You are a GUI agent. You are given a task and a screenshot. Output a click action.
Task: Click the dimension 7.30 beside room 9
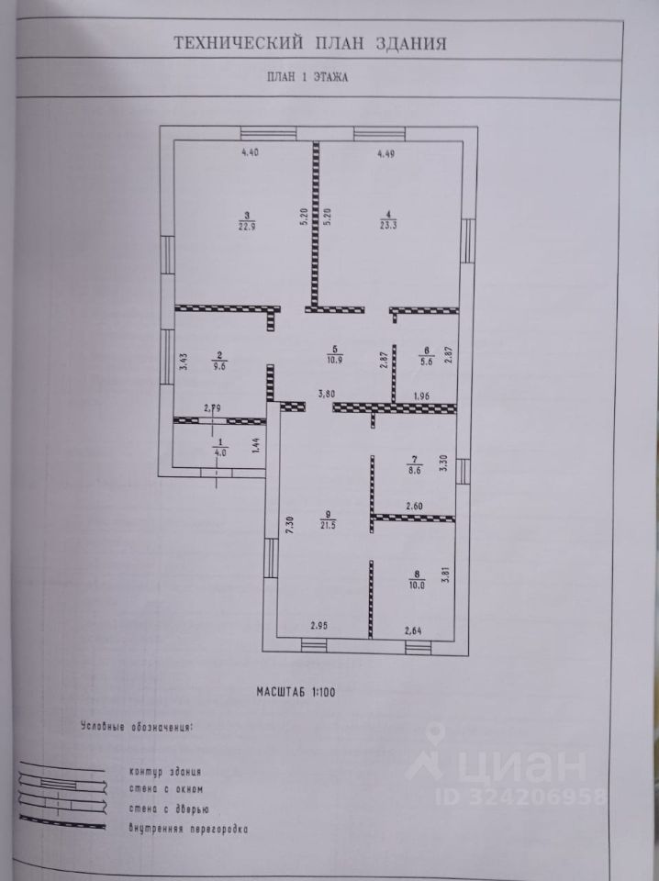point(289,527)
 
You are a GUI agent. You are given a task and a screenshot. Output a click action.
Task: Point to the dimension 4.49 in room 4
point(386,154)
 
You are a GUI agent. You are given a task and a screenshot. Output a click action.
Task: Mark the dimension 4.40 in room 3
point(250,151)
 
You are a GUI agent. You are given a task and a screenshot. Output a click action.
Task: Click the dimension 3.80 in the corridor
point(327,394)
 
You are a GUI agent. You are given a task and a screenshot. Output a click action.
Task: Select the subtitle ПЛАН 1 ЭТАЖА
point(307,76)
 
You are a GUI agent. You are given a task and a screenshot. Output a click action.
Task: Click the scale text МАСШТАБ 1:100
point(296,692)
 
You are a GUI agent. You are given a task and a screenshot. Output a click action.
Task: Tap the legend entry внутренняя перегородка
point(188,829)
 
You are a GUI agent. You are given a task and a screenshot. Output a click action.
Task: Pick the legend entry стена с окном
point(166,789)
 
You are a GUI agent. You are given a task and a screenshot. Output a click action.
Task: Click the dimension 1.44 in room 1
point(256,446)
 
